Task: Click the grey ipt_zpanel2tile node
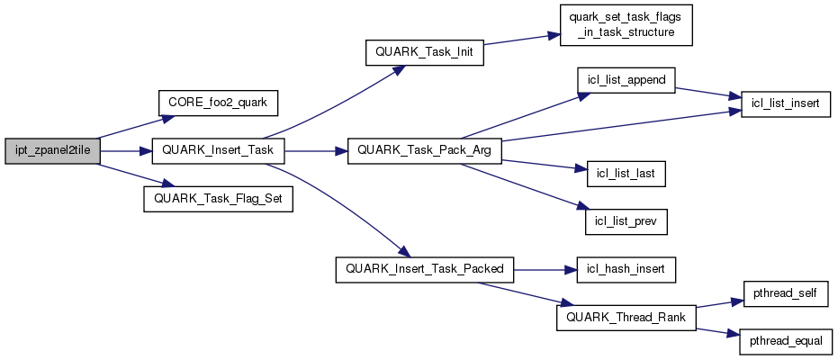coord(51,150)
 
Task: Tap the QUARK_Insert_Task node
coord(218,150)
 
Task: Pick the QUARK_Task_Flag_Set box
coord(219,199)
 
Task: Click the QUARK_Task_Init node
coord(424,53)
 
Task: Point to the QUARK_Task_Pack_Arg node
coord(424,150)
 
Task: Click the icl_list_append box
coord(626,80)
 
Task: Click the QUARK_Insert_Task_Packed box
coord(424,268)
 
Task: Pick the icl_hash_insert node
coord(626,268)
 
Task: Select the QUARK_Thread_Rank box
coord(626,317)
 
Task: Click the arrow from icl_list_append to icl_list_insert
coord(707,93)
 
